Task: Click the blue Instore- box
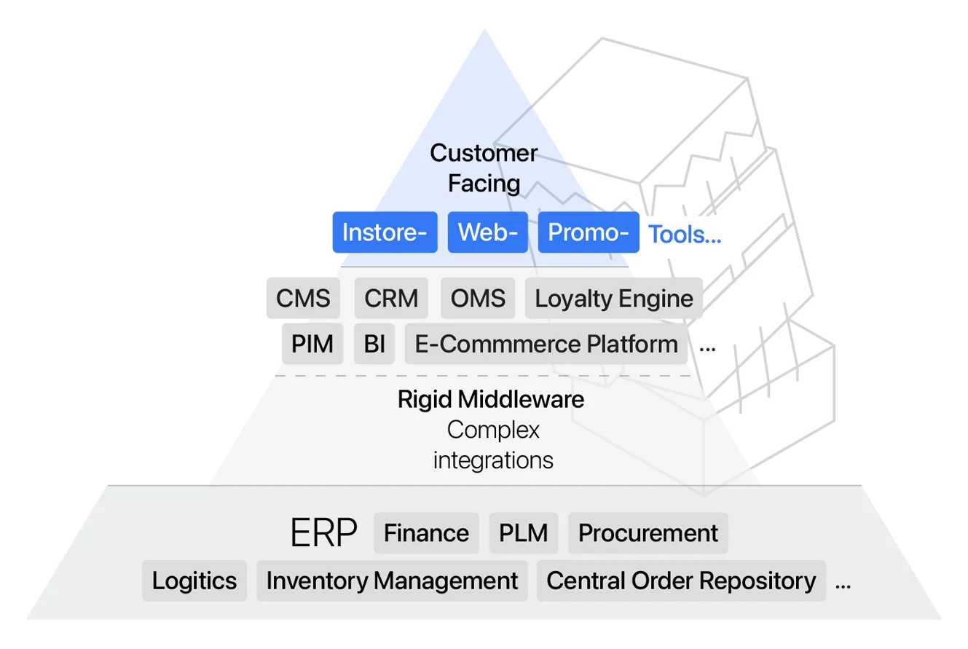coord(385,233)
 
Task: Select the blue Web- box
coord(487,233)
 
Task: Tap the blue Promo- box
coord(588,233)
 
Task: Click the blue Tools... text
coord(684,235)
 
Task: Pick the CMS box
coord(303,299)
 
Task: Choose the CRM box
coord(391,299)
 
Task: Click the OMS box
coord(478,299)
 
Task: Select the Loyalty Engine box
coord(613,299)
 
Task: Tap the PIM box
coord(312,344)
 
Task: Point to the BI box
coord(374,344)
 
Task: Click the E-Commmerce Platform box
coord(546,344)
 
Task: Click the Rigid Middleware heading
coord(490,399)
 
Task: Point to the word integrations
coord(493,460)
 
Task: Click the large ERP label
coord(323,534)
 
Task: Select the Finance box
coord(426,533)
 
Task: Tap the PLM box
coord(523,533)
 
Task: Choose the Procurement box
coord(648,533)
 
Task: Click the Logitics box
coord(194,581)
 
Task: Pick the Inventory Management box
coord(392,581)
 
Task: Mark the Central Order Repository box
coord(681,581)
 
